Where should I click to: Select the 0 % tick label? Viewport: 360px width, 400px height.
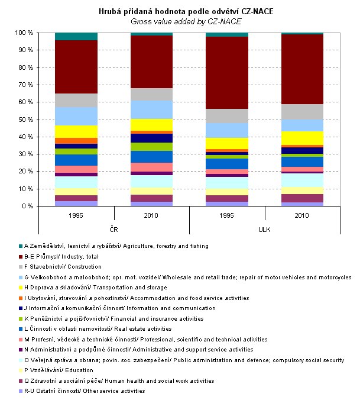27,207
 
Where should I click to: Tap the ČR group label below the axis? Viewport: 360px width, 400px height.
113,228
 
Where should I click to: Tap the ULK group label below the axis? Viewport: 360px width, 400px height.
265,228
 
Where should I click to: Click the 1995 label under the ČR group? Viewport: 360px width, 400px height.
76,215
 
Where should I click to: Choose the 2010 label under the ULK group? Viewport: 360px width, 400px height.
302,215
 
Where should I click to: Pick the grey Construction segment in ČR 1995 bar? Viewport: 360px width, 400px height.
76,100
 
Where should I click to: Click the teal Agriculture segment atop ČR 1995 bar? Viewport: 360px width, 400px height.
76,37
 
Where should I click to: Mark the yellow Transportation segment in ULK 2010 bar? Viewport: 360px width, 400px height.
302,138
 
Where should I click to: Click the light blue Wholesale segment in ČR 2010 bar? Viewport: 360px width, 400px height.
151,109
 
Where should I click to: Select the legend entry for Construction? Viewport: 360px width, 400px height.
77,267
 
